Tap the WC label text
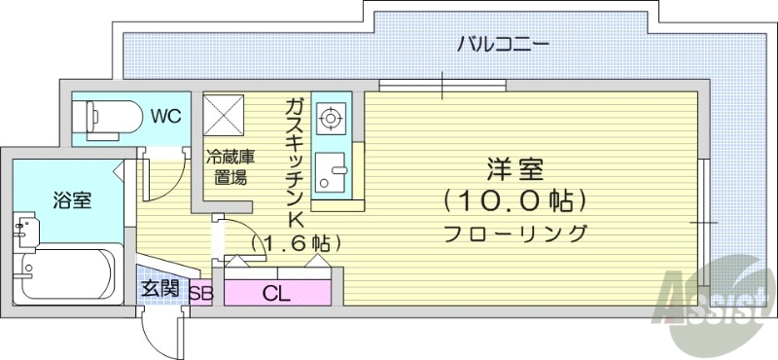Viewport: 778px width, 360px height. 164,117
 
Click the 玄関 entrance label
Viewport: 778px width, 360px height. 159,289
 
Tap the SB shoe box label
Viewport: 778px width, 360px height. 201,292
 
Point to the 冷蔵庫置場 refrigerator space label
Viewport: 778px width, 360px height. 230,166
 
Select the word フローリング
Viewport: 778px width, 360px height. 515,234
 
